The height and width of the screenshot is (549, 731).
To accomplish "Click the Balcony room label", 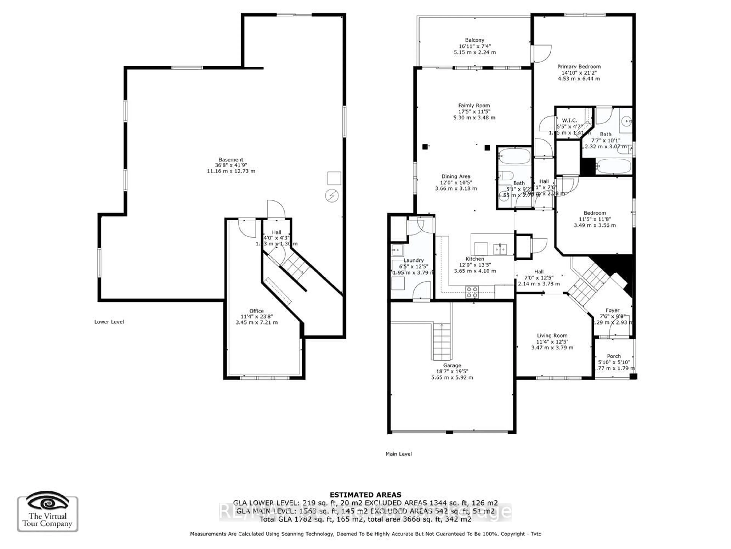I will coord(475,40).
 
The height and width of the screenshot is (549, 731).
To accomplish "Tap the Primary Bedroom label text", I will coord(579,67).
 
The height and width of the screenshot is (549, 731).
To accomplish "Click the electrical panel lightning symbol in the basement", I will coord(332,196).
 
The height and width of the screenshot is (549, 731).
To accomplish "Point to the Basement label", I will coord(231,160).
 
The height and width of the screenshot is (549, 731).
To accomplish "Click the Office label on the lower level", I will coord(256,311).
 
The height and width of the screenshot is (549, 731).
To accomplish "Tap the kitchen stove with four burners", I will coord(472,292).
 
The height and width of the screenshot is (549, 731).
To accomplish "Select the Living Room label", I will coord(552,335).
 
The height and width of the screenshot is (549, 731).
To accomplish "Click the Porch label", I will coord(614,356).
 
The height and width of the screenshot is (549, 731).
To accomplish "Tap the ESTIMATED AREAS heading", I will coord(365,495).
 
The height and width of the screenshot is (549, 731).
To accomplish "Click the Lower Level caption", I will coord(109,322).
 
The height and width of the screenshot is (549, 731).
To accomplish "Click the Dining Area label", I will coord(456,176).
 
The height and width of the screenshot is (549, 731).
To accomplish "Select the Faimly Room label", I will coord(474,106).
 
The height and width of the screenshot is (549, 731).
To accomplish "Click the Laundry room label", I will coord(413,260).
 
